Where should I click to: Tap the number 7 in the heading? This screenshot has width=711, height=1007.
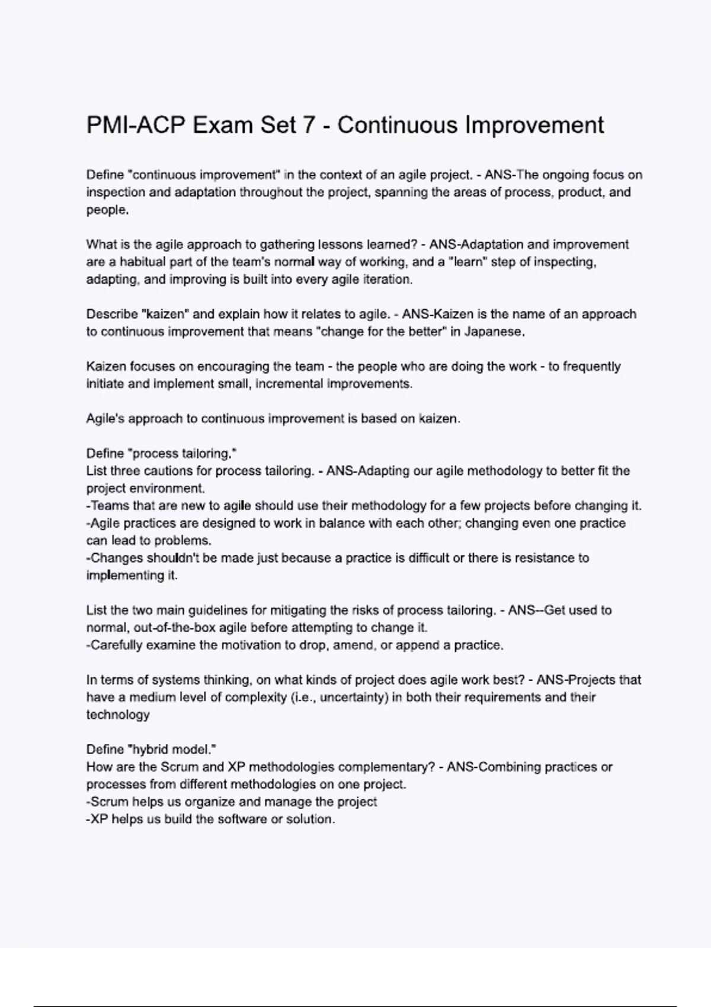click(308, 125)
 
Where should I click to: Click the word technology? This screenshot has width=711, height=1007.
click(117, 715)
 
